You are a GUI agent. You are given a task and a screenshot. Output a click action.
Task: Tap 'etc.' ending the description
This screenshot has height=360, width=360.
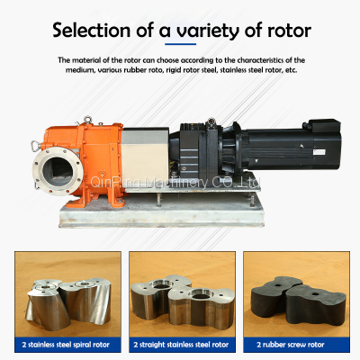[x=297, y=70]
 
